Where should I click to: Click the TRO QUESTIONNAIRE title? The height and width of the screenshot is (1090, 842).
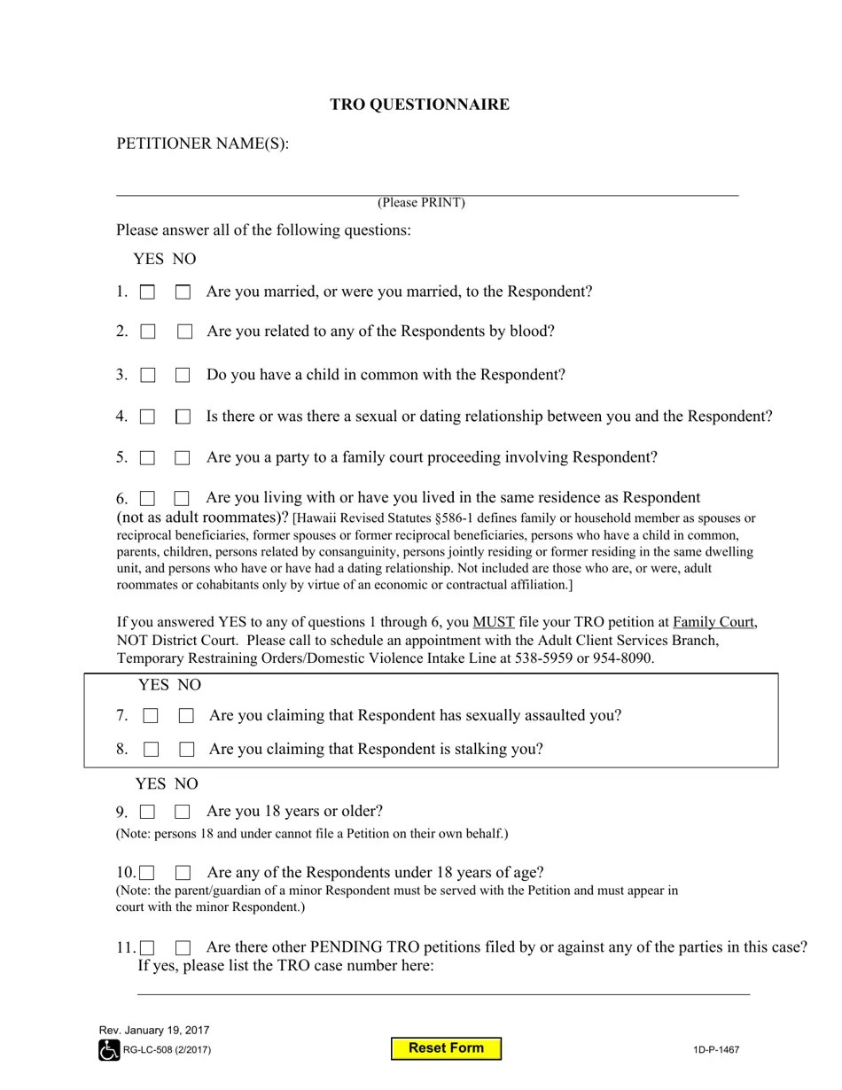(419, 105)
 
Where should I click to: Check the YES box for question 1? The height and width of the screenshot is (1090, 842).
(147, 292)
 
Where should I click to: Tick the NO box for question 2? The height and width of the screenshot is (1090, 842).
(184, 331)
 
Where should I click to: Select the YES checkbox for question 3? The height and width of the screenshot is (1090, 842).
(147, 375)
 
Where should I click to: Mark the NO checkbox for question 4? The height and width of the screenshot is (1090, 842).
(183, 417)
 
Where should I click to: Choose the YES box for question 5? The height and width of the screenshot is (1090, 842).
(147, 458)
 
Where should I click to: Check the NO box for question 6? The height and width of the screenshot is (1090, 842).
(182, 499)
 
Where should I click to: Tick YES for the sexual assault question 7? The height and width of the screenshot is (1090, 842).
(151, 715)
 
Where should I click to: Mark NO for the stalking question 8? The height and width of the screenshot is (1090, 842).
(186, 750)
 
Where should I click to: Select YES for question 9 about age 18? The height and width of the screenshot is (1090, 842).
(147, 812)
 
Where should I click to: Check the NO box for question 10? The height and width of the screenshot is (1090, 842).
(183, 873)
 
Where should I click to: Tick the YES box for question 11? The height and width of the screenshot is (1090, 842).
(147, 948)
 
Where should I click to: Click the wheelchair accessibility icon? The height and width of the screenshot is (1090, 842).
(108, 1051)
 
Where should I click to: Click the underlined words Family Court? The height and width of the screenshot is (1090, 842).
(714, 622)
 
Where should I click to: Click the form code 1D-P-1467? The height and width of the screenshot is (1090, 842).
(716, 1050)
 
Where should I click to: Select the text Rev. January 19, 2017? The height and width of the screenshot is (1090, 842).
(154, 1031)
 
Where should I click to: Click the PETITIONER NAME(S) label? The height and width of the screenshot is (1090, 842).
(202, 144)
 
